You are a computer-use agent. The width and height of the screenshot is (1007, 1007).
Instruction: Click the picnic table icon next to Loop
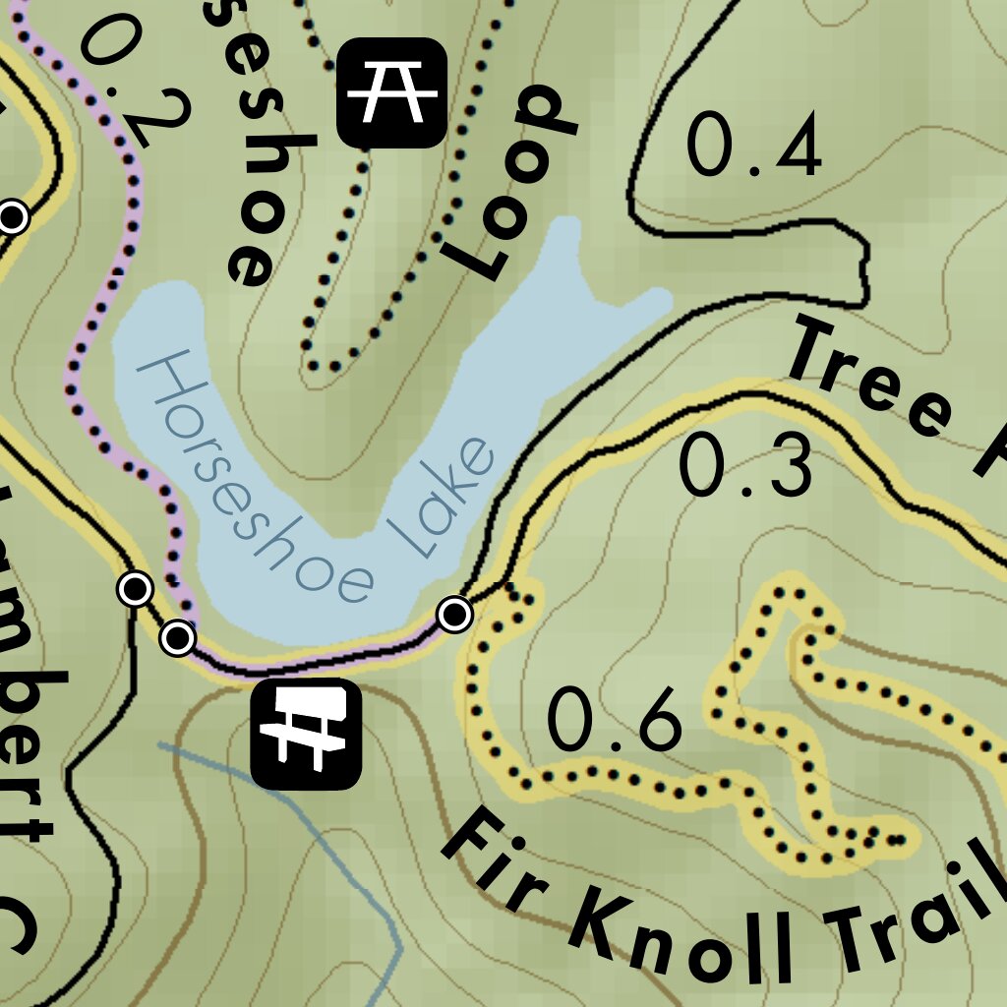coord(391,92)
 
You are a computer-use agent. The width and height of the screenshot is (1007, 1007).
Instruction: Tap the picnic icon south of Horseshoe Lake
coord(306,734)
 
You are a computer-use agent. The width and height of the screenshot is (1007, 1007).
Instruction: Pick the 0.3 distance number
coord(747,466)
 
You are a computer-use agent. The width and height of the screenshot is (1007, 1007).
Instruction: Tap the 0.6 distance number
coord(614,721)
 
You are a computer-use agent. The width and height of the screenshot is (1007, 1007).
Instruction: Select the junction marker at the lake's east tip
coord(454,614)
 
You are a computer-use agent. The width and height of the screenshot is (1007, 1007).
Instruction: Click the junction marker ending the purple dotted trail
coord(177,638)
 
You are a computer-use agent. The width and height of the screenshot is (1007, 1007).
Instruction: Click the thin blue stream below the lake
coord(325,836)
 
